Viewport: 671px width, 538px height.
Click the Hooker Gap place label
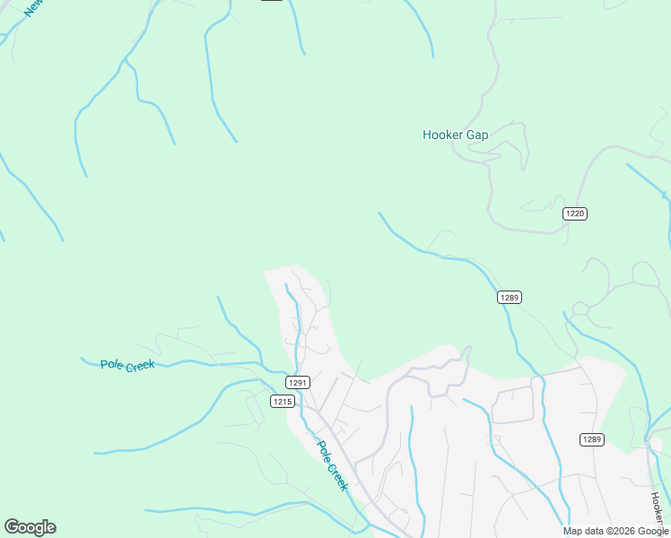coord(455,135)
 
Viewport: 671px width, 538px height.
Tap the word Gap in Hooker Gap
coord(477,135)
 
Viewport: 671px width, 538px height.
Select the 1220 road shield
coord(575,213)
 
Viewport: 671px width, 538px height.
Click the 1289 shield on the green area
coord(510,297)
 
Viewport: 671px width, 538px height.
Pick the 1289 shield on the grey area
coord(591,439)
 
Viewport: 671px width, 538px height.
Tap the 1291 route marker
coord(299,382)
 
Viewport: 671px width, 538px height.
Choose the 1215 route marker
coord(282,402)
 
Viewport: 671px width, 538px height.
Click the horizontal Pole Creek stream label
coord(127,365)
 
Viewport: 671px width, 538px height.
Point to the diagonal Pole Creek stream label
coord(331,465)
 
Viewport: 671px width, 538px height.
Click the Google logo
coord(30,527)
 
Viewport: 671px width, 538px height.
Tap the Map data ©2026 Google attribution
coord(615,531)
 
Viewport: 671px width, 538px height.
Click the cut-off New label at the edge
coord(33,7)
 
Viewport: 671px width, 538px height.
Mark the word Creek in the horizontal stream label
coord(140,365)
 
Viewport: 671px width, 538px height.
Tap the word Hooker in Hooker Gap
coord(442,135)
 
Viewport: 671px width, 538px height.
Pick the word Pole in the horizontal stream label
coord(111,364)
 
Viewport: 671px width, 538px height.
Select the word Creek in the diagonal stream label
coord(336,475)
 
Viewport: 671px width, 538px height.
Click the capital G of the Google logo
coord(12,527)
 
